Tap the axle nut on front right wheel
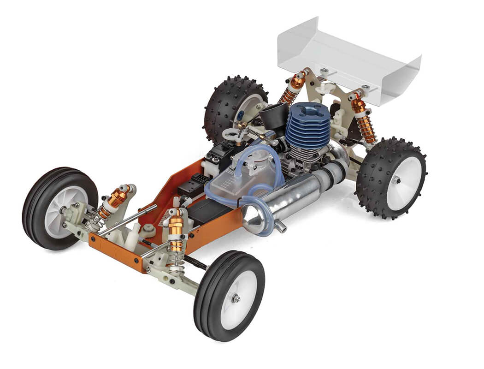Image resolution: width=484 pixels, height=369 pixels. pos(236,299)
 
